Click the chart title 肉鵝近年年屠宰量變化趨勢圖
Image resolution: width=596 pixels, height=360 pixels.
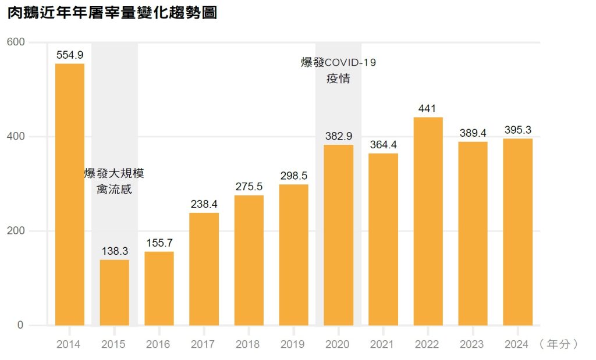click(x=112, y=13)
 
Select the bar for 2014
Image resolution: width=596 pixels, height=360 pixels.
click(x=69, y=194)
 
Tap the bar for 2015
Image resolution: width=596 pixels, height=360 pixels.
click(x=114, y=293)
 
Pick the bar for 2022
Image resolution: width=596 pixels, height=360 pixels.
click(x=428, y=221)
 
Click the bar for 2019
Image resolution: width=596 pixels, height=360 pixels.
click(x=293, y=255)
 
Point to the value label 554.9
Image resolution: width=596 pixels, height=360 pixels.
click(x=69, y=55)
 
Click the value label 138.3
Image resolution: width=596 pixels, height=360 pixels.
click(x=114, y=251)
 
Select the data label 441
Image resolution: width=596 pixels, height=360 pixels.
click(x=427, y=109)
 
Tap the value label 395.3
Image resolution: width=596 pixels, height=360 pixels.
click(x=517, y=130)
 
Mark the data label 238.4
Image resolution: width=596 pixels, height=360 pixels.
click(x=204, y=204)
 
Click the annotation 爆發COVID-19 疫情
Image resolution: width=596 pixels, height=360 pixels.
click(x=338, y=70)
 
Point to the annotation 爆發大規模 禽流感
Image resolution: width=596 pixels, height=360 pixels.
click(x=114, y=181)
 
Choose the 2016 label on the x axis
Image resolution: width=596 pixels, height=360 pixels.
click(x=158, y=344)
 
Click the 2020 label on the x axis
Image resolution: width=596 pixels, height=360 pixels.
click(x=338, y=344)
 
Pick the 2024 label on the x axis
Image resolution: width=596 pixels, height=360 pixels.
click(x=517, y=344)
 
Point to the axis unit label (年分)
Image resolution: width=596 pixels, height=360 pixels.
click(x=558, y=344)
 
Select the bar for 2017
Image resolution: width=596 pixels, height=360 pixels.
click(x=204, y=269)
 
